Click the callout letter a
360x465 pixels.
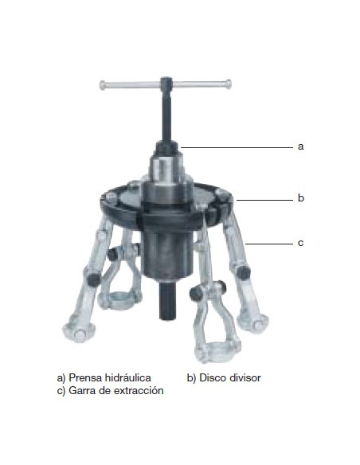[300, 147]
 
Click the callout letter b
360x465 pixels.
[301, 197]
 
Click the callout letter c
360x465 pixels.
[300, 243]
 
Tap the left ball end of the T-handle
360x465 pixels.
[103, 85]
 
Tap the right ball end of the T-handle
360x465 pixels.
[228, 84]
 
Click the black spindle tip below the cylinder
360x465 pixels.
[167, 301]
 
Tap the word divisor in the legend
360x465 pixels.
[245, 377]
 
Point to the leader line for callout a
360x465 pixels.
[237, 147]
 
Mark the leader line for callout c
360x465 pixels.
[269, 244]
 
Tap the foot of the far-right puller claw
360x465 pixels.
[253, 323]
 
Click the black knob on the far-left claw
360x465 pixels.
[93, 279]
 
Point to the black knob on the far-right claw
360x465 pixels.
[243, 272]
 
